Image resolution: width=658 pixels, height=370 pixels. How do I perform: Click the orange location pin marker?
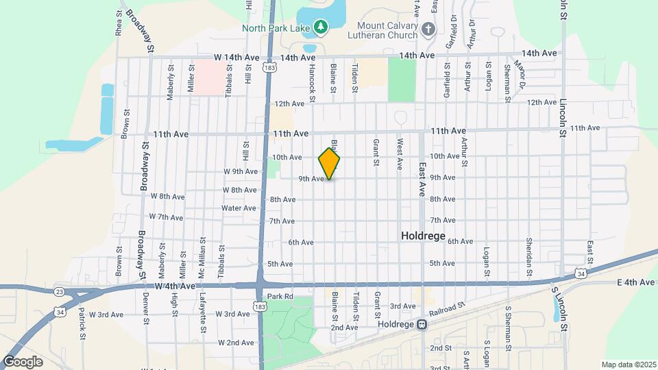330,163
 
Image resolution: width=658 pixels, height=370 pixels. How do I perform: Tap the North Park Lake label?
276,27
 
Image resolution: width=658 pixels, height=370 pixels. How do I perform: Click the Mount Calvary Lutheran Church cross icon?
428,29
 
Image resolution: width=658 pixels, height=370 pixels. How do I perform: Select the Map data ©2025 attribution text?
628,365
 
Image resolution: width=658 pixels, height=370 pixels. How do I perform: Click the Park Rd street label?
280,297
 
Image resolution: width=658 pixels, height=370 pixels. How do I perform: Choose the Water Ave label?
239,208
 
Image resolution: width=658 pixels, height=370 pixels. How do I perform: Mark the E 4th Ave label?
636,282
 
